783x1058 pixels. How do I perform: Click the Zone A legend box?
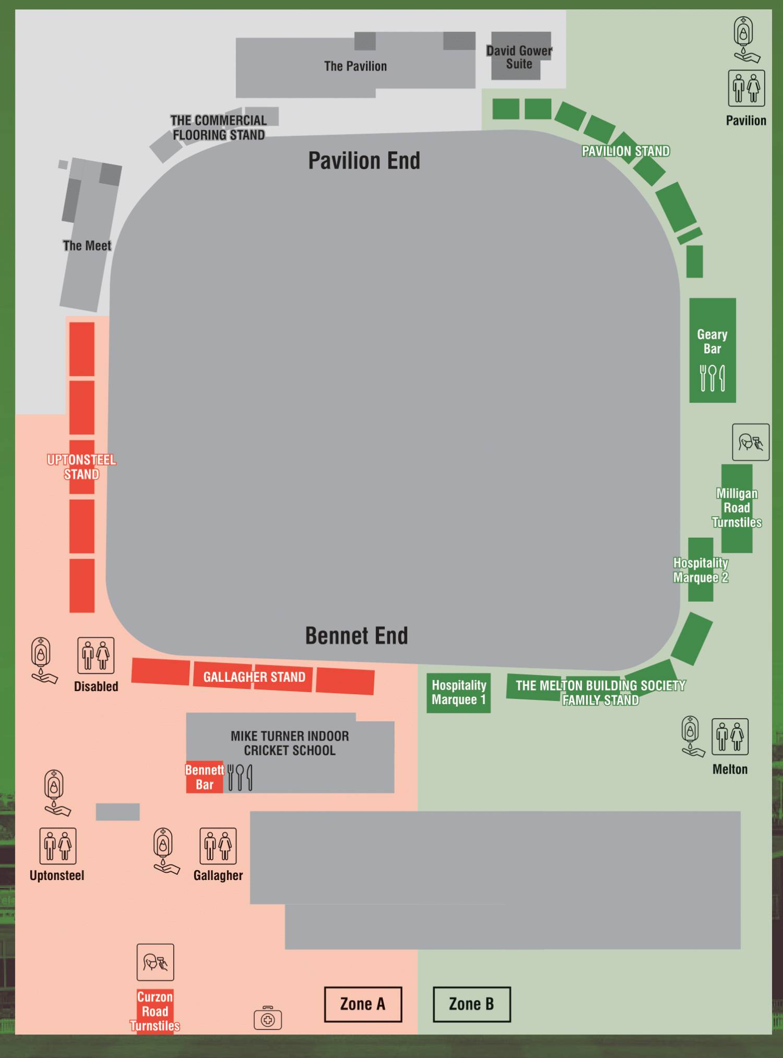click(x=363, y=1004)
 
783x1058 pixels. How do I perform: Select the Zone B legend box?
click(x=471, y=1004)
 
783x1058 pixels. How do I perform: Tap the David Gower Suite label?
click(x=519, y=57)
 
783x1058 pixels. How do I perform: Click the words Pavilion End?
click(x=364, y=161)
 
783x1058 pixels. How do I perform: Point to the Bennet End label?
click(x=357, y=636)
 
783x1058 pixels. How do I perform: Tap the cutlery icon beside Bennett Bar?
click(x=240, y=777)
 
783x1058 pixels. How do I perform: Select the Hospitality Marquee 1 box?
click(x=458, y=693)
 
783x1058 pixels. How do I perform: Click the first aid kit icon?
click(x=268, y=1018)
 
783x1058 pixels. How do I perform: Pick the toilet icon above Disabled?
click(x=96, y=655)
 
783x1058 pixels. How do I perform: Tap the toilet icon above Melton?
click(x=730, y=736)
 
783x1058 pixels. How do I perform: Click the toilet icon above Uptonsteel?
click(x=57, y=846)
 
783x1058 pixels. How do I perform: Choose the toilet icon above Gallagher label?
click(x=218, y=846)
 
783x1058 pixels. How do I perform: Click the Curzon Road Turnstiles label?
click(x=155, y=1011)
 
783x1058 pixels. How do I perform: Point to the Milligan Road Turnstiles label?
click(x=737, y=508)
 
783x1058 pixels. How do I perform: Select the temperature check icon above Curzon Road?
click(x=155, y=962)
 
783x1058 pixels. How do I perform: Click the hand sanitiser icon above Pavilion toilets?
click(x=744, y=39)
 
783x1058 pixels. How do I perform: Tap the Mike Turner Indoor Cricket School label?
click(x=290, y=743)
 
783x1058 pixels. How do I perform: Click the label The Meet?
click(x=87, y=246)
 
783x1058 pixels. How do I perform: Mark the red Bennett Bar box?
click(x=205, y=777)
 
